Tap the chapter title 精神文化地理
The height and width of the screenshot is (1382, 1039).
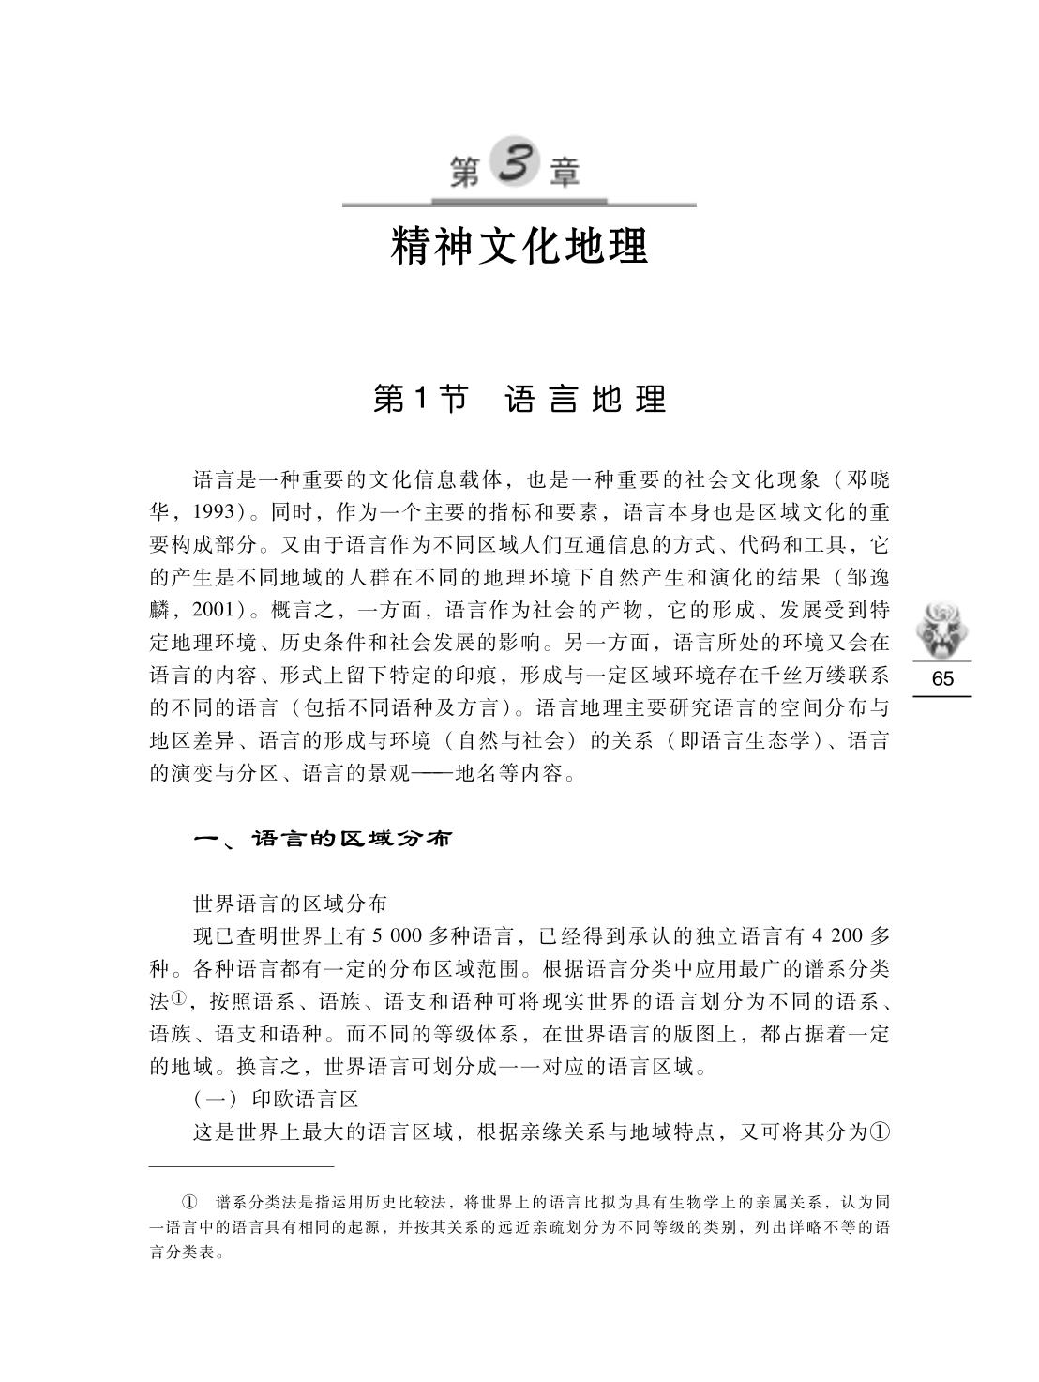click(519, 246)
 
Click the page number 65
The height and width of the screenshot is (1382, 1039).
click(942, 679)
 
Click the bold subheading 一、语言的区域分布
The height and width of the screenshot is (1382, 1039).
click(323, 839)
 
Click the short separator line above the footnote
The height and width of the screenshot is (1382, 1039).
click(241, 1166)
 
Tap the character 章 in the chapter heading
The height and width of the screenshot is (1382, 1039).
click(565, 174)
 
